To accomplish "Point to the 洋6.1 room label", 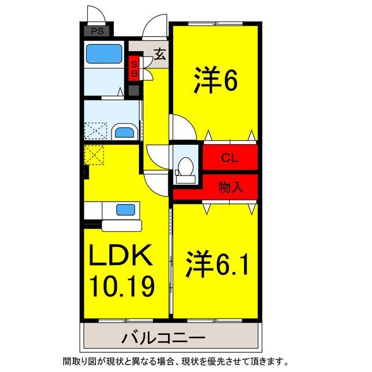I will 217,264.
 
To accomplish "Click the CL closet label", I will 230,158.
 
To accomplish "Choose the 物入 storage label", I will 230,187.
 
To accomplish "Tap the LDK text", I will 121,255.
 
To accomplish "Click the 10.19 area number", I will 121,285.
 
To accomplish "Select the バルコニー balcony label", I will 163,337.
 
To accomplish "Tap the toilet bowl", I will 186,166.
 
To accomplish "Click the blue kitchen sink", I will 125,209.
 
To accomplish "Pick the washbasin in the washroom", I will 124,132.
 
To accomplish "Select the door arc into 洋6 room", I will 180,125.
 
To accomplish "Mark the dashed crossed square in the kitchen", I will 94,155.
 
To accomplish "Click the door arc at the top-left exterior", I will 95,15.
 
